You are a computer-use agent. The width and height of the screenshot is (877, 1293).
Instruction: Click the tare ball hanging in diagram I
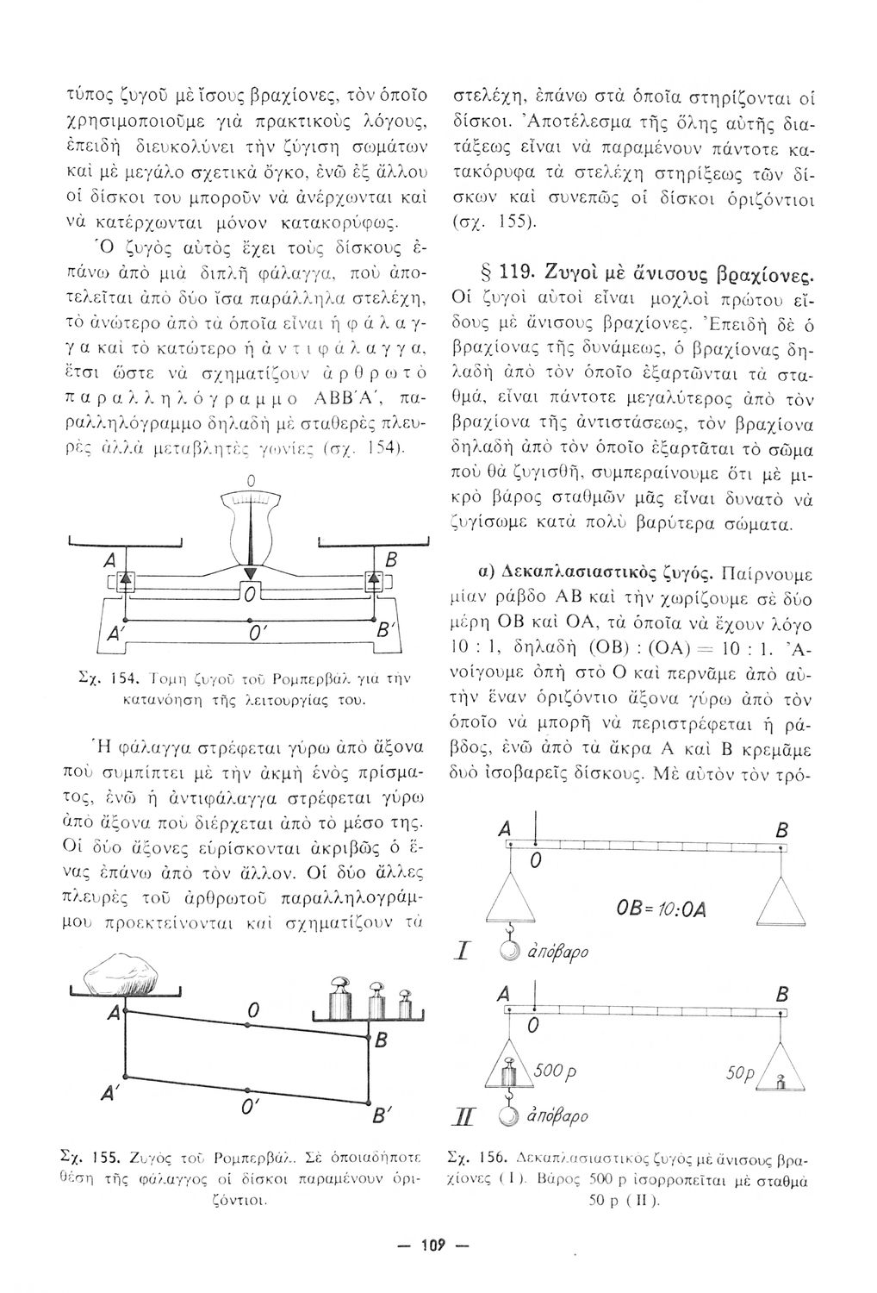pos(510,952)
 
